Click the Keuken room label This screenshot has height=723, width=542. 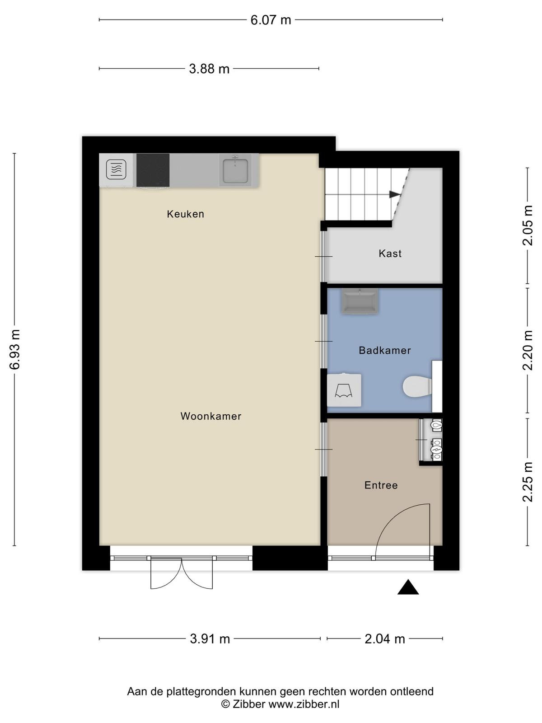(x=185, y=214)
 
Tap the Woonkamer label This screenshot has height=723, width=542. (x=211, y=416)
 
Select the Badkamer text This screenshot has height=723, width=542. (x=385, y=350)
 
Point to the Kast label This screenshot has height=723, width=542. (x=390, y=254)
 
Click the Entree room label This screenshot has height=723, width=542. (x=381, y=485)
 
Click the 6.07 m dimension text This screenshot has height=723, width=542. (x=271, y=20)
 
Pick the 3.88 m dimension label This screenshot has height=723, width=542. (x=209, y=69)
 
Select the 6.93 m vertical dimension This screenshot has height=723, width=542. (x=15, y=349)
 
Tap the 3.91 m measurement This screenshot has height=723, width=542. (x=210, y=639)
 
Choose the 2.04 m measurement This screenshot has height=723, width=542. (x=385, y=639)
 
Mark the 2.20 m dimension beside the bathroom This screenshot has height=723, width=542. (x=528, y=350)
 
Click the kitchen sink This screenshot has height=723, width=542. (x=235, y=170)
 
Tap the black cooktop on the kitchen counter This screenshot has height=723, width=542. (x=153, y=170)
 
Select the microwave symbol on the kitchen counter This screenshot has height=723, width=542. (x=116, y=169)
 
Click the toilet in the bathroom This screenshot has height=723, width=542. (x=418, y=386)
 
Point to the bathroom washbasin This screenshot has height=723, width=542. (x=360, y=301)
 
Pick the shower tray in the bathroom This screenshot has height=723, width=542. (x=344, y=390)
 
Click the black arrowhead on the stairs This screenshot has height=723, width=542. (x=395, y=194)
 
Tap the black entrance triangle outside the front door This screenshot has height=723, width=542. (x=408, y=587)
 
